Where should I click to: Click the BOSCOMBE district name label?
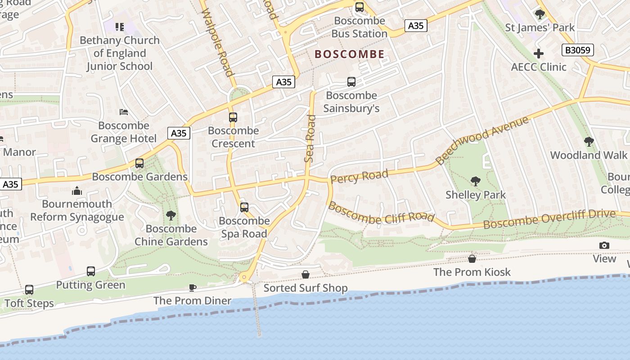349,54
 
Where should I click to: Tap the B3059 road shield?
578,50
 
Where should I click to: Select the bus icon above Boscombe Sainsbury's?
351,82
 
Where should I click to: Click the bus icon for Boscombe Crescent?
233,117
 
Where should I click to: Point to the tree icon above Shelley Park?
475,181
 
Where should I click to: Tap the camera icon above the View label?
604,245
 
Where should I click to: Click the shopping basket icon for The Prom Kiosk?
472,259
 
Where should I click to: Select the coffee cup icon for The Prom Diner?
193,288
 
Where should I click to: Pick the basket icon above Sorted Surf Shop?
305,274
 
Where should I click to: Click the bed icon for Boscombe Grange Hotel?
124,112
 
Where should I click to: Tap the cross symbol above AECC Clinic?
538,54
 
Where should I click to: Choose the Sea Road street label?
310,139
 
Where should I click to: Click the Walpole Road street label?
218,43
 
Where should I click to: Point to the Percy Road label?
359,176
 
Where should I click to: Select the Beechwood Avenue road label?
481,140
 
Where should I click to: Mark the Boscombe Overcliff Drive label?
549,219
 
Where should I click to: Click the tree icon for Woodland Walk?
589,142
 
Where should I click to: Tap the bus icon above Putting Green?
91,271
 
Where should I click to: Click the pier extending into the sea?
257,310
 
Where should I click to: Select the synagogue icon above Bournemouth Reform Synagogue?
77,191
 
